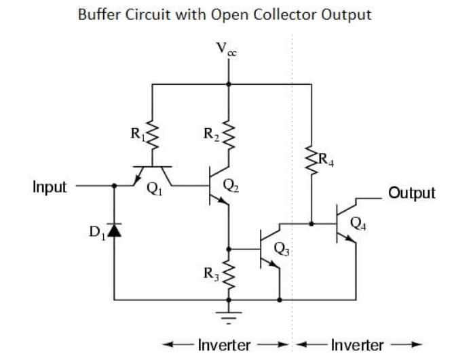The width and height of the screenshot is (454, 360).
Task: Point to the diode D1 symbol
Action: click(114, 232)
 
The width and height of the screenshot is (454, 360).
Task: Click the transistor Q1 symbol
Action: click(153, 175)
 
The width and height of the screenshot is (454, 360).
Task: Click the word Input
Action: click(50, 187)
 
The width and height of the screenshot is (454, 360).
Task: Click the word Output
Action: click(411, 193)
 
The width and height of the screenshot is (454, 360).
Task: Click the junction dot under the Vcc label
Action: click(231, 84)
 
